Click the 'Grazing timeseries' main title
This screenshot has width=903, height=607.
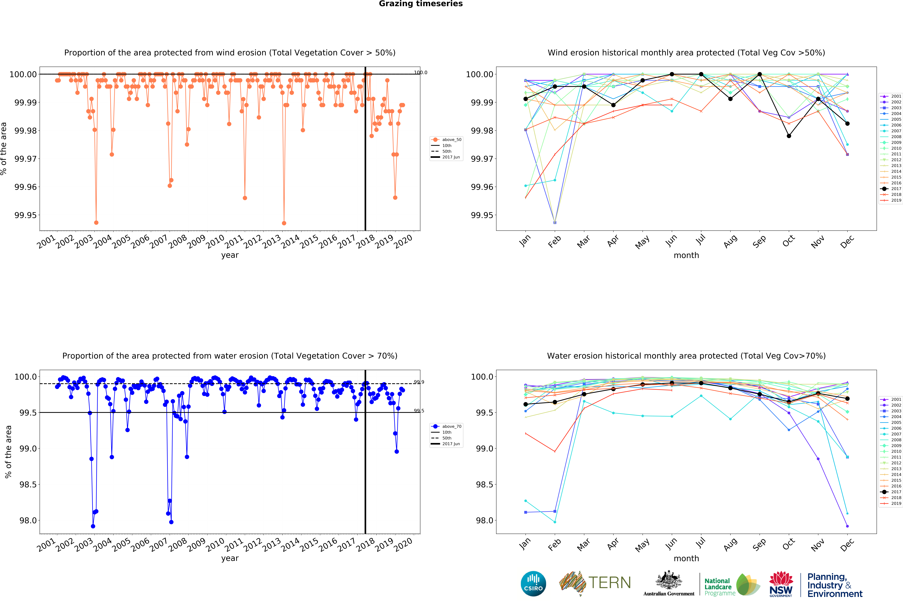click(421, 4)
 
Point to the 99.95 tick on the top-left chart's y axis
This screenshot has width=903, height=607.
click(26, 215)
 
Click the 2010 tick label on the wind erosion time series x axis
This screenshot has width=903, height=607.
click(215, 242)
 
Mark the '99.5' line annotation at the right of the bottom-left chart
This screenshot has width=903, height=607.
click(419, 411)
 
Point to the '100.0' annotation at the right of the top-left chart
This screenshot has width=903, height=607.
click(421, 72)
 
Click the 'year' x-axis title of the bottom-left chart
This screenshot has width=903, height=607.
click(230, 558)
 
